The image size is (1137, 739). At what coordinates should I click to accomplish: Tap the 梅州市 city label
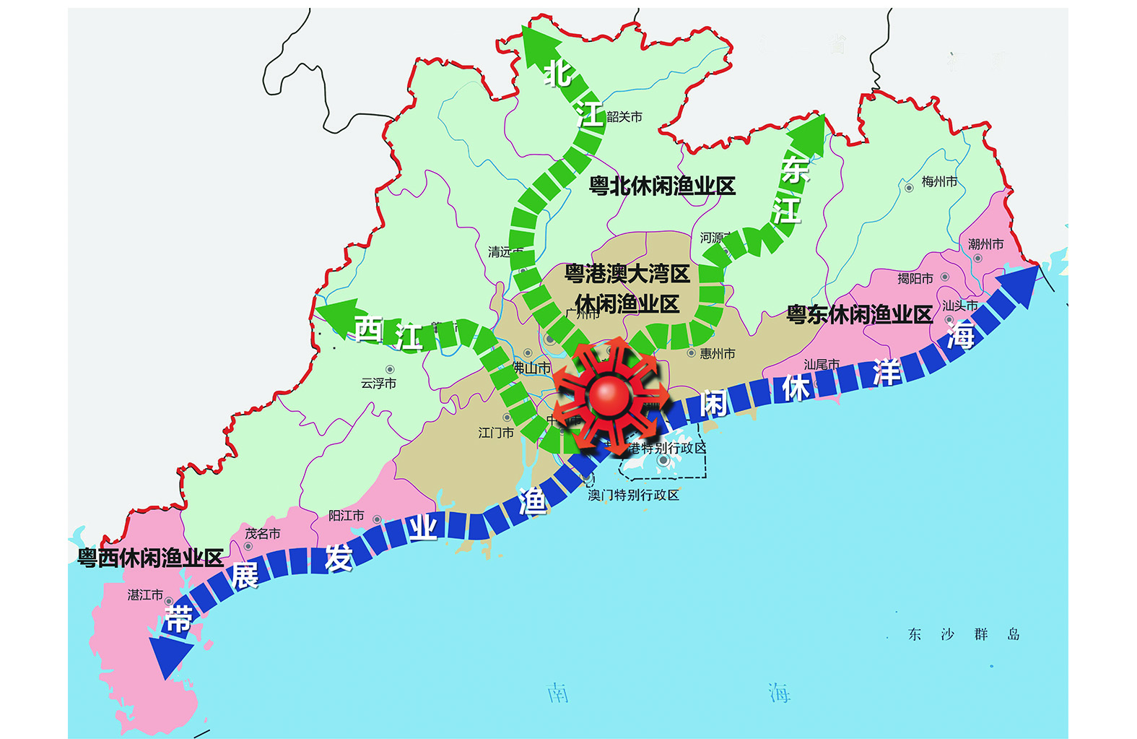pos(939,182)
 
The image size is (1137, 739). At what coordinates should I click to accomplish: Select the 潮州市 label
pos(985,245)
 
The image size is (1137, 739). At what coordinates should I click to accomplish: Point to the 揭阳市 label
pos(915,278)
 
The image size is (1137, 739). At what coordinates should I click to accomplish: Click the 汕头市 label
pos(959,306)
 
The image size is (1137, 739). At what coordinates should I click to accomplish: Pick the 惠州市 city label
pos(717,353)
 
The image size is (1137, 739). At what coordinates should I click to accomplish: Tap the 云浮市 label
pos(378,383)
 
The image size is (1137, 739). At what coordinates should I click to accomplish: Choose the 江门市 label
pos(496,432)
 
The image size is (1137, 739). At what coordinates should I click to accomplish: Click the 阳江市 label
pos(346,516)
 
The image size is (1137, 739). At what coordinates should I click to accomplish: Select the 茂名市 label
pos(262,534)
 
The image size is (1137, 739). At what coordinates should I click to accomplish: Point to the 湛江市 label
pos(145,595)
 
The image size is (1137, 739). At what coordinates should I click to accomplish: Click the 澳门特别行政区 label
pos(633,495)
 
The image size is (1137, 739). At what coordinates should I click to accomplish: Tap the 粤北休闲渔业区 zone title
pos(662,186)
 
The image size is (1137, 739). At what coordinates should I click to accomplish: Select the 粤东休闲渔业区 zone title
pos(859,314)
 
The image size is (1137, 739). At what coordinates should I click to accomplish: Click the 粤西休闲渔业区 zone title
pos(150,558)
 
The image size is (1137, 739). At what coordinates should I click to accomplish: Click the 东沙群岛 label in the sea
pos(963,634)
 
